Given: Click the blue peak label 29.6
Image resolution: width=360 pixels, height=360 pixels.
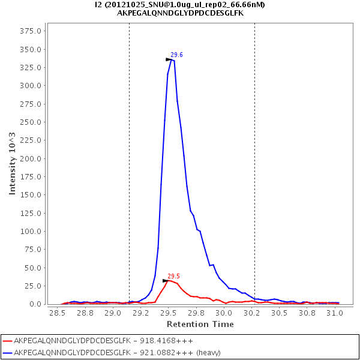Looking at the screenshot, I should (x=176, y=55).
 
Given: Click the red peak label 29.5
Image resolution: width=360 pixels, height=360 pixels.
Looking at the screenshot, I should (x=173, y=276).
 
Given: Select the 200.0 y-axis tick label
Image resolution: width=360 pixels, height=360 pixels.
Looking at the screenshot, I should (x=31, y=158).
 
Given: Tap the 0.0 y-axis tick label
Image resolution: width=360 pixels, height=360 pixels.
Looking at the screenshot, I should (x=37, y=304).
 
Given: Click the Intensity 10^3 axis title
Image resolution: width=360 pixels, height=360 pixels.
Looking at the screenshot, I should (x=12, y=163).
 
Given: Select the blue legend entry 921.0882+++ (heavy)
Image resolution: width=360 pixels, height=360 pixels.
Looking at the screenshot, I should (x=116, y=352).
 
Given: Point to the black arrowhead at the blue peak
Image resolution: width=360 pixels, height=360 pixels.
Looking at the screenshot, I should (x=169, y=59).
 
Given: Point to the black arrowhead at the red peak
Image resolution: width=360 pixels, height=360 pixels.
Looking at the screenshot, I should (x=166, y=281).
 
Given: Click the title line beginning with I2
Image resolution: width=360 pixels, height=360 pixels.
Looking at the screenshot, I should (x=180, y=5).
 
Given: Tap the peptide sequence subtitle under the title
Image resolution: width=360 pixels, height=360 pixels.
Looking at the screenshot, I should (x=180, y=13).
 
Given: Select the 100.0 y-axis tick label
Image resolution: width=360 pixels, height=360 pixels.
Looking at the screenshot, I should (x=31, y=232).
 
